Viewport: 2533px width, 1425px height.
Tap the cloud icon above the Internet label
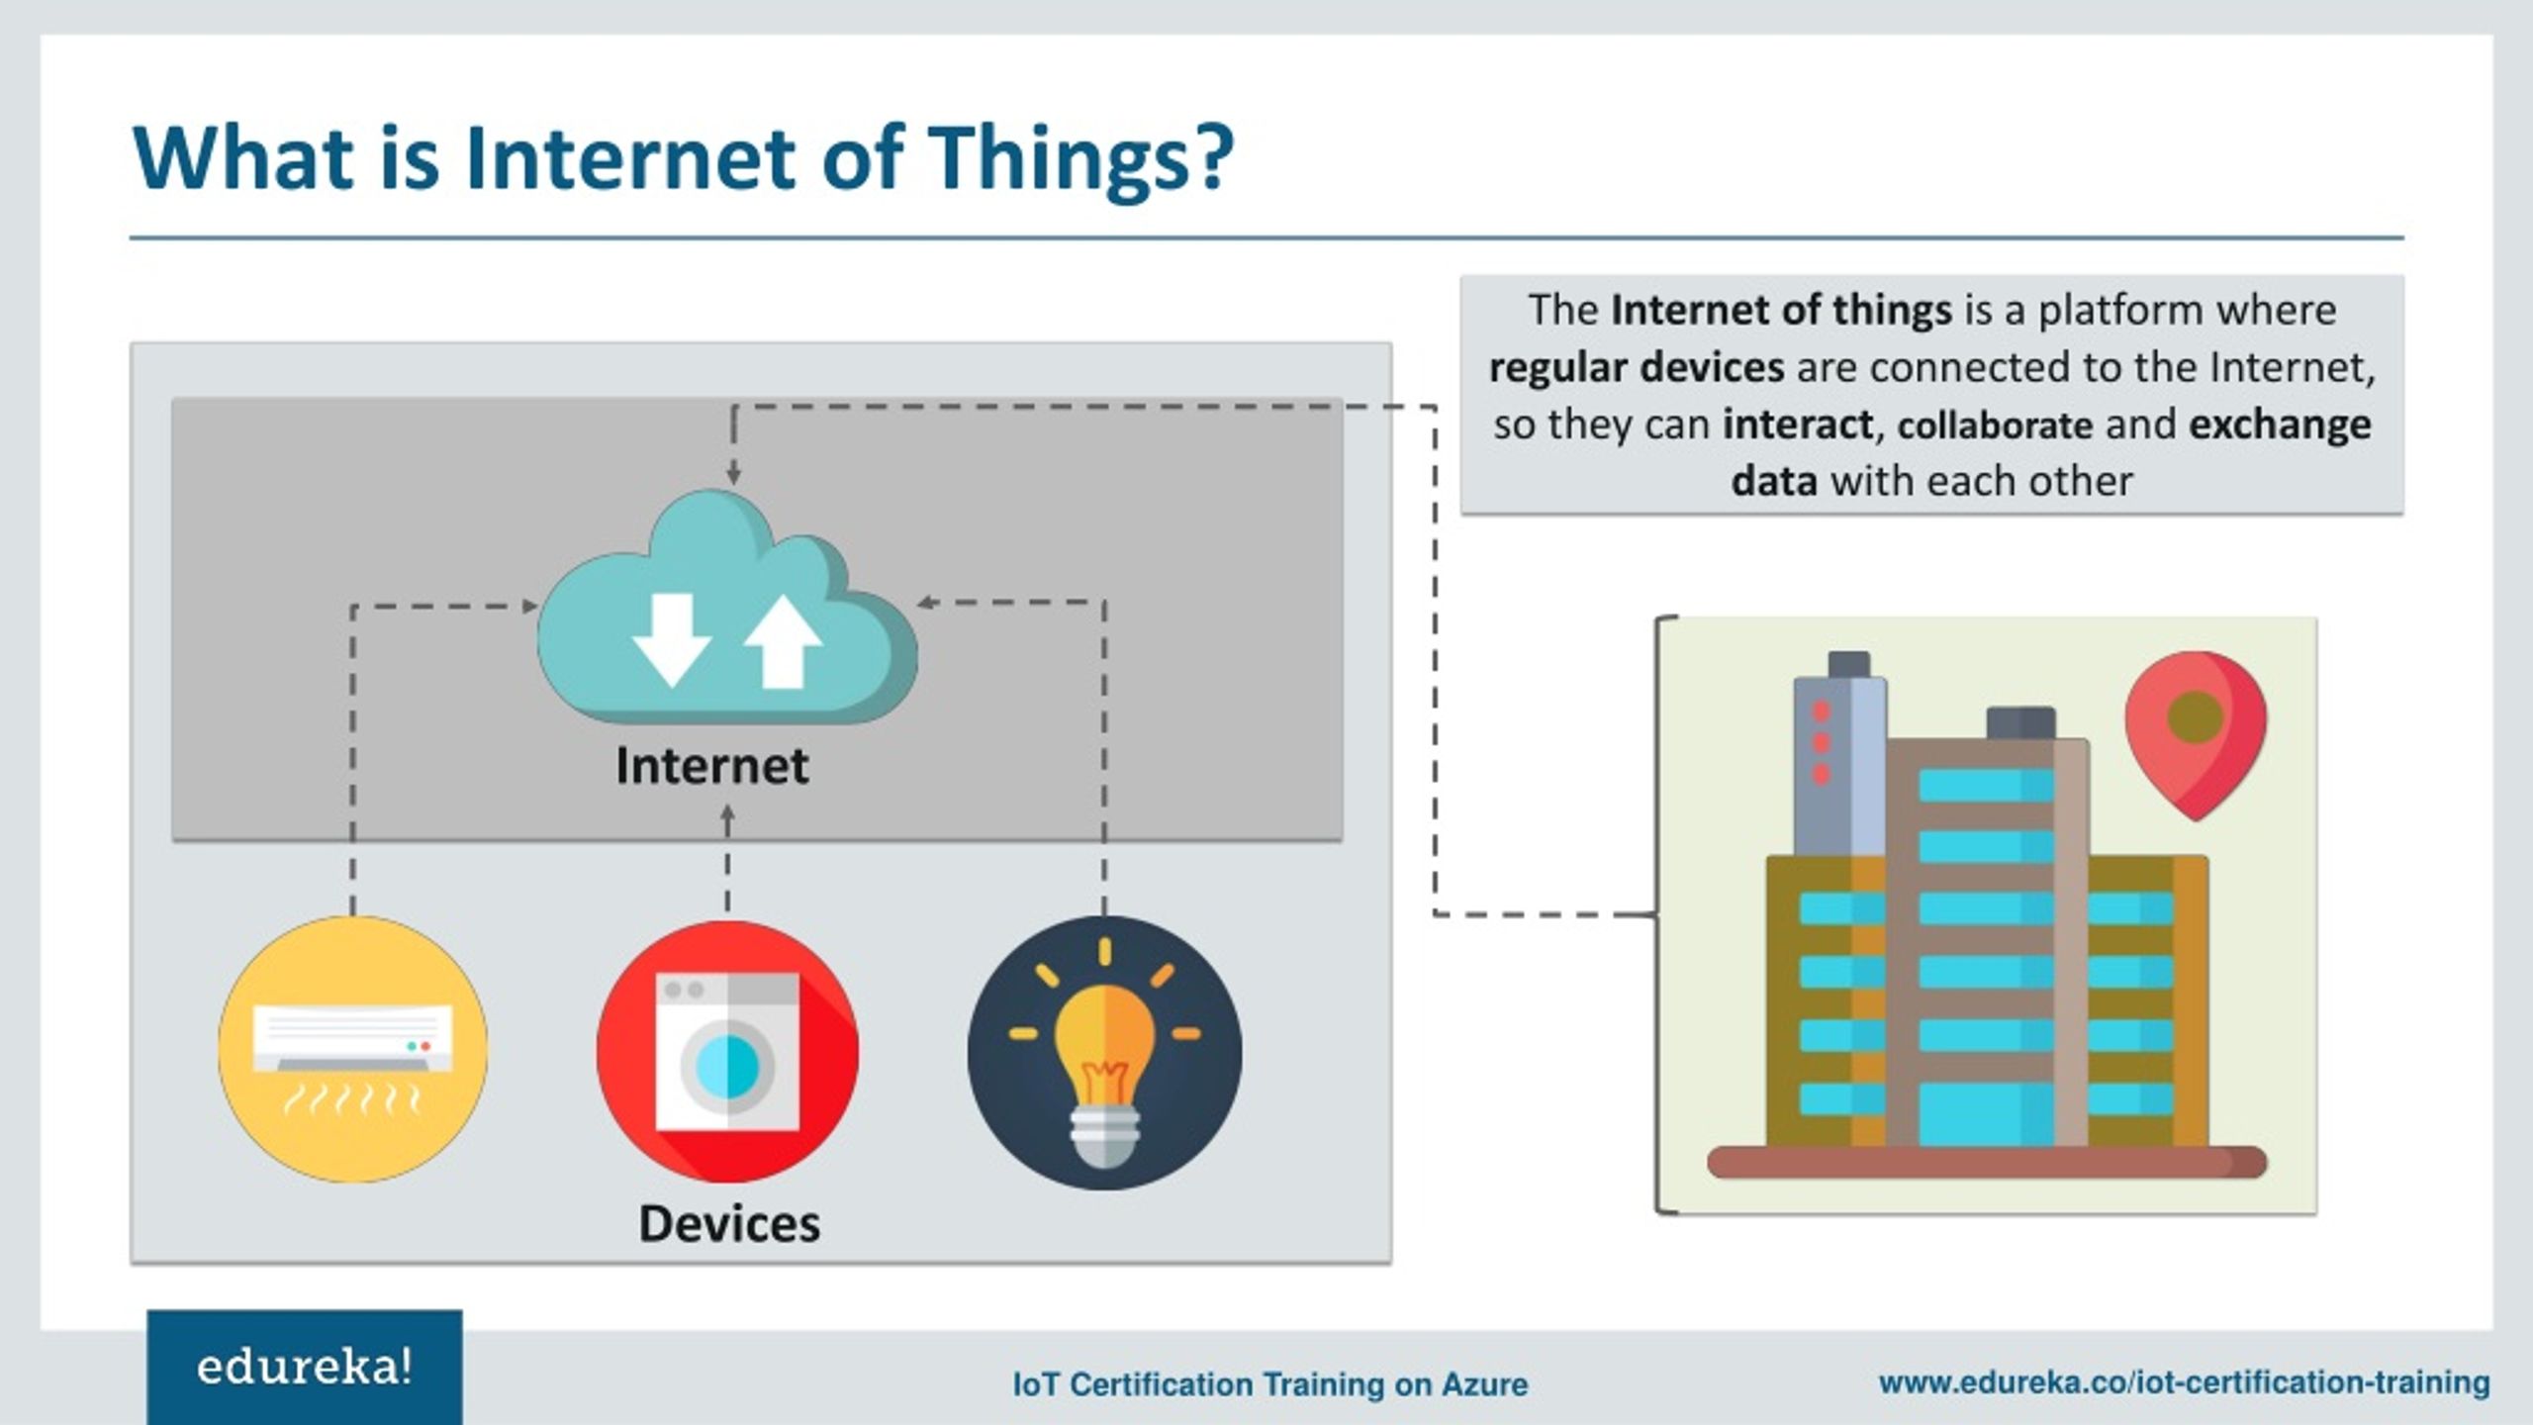(x=727, y=609)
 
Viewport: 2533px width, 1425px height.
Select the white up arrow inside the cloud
(x=783, y=640)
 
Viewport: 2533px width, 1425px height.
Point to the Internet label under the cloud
(x=712, y=765)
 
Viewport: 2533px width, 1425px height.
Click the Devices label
(x=729, y=1223)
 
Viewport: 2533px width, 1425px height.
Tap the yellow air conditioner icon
(x=353, y=1049)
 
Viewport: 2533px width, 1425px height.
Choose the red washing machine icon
(x=727, y=1052)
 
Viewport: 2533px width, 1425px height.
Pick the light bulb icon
(x=1104, y=1052)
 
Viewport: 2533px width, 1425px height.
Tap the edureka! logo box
(x=305, y=1368)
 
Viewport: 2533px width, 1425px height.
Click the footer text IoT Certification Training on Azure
(x=1270, y=1383)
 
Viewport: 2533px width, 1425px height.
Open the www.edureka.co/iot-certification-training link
(x=2184, y=1381)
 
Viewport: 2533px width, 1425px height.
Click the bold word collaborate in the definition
(x=1995, y=425)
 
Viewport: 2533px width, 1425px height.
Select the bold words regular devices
(x=1637, y=367)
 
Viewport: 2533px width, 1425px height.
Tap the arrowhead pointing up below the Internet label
(x=727, y=816)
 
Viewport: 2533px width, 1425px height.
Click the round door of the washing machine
(x=727, y=1066)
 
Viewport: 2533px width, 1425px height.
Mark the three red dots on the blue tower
(x=1821, y=742)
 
